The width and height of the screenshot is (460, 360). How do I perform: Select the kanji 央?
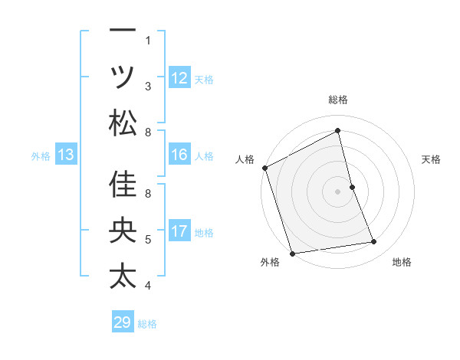coord(123,231)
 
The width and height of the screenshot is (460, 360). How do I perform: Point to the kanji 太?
coord(123,276)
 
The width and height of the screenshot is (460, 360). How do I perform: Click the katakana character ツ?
coord(123,77)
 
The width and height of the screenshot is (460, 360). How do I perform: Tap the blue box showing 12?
coord(179,77)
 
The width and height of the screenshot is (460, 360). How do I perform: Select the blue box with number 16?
coord(179,155)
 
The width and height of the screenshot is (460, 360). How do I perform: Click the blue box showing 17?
coord(179,231)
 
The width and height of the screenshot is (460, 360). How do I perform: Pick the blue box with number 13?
coord(66,155)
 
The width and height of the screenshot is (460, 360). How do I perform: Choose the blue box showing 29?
coord(123,322)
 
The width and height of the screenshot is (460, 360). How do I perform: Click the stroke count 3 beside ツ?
coord(148,87)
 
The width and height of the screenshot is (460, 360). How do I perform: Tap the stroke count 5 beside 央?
coord(148,240)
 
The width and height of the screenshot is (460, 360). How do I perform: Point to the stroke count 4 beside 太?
coord(148,286)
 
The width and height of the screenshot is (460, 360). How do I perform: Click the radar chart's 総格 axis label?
coord(338,100)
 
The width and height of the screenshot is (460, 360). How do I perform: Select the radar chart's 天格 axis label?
coord(431,159)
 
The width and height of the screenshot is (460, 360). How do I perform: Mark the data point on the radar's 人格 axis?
coord(264,168)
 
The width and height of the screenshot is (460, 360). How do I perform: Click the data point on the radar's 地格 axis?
coord(374,242)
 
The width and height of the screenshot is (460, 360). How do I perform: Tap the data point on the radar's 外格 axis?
coord(292,253)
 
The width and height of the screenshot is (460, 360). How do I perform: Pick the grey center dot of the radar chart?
coord(338,191)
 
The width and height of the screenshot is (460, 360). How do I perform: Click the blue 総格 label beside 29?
coord(147,324)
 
